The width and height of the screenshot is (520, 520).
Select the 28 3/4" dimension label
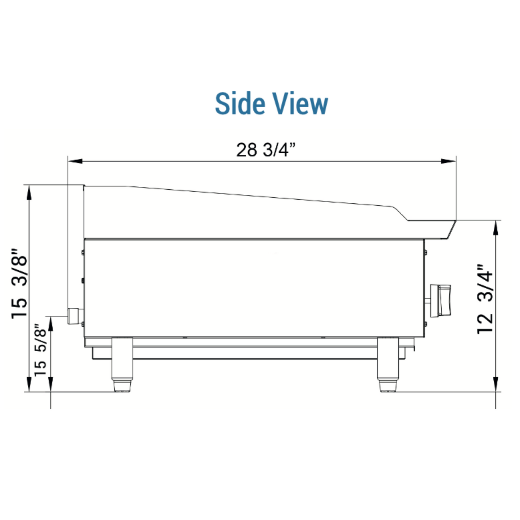click(x=266, y=150)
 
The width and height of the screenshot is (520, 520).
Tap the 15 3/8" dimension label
click(x=19, y=284)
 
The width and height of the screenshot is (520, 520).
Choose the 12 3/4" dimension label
click(x=485, y=299)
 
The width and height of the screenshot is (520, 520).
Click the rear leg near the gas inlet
click(x=122, y=364)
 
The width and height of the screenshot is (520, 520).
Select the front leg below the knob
click(x=388, y=364)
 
